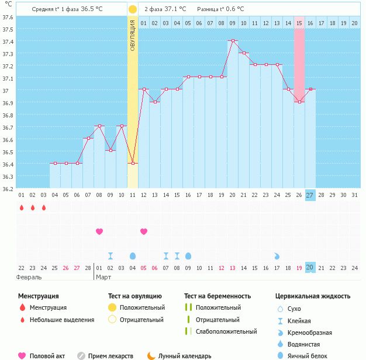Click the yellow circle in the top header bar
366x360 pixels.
[133, 9]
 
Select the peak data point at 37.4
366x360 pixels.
[233, 41]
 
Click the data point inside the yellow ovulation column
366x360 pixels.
[133, 163]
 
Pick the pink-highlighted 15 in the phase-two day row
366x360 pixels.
[299, 23]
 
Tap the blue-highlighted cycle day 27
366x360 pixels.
[310, 195]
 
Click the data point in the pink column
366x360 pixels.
[299, 102]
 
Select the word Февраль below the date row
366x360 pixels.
[29, 277]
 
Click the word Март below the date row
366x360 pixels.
[103, 277]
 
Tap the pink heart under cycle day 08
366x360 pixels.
[99, 231]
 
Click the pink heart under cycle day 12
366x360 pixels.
[144, 231]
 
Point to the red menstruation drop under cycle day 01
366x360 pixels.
[22, 207]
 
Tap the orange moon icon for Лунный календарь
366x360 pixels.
[151, 355]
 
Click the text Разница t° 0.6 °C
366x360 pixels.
[220, 9]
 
